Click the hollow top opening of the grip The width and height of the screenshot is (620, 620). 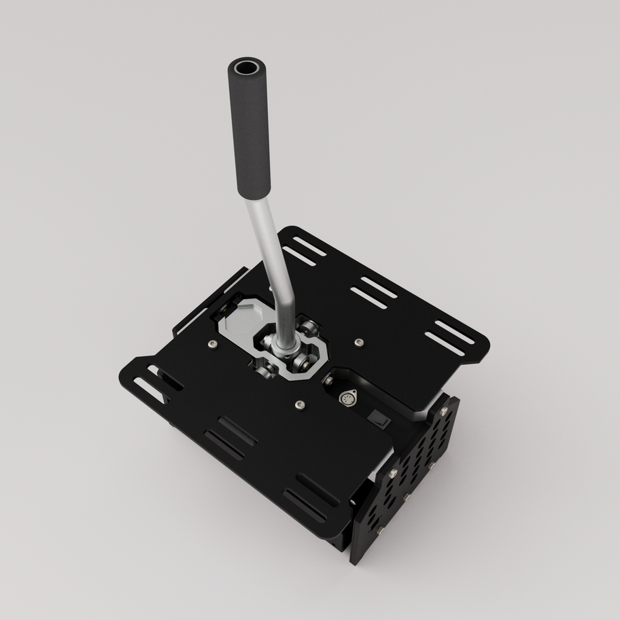(x=245, y=68)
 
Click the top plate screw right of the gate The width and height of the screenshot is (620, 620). (x=359, y=342)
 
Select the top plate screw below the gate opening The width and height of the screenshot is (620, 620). (x=300, y=406)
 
